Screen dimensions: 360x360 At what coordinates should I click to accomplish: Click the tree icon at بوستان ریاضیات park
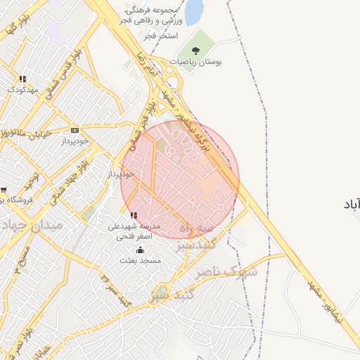(x=195, y=51)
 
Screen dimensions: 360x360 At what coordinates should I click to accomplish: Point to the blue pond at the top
(x=193, y=12)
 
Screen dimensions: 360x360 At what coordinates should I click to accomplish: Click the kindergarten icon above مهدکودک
(x=22, y=79)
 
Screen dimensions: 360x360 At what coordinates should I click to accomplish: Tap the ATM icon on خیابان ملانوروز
(x=75, y=130)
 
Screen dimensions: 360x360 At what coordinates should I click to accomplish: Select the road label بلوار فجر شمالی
(x=143, y=118)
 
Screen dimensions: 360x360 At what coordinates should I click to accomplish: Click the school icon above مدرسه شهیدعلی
(x=134, y=215)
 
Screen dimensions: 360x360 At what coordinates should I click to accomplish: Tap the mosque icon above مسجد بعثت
(x=140, y=250)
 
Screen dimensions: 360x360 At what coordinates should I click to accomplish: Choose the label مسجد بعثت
(x=140, y=261)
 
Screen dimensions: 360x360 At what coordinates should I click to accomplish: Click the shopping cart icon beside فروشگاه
(x=4, y=189)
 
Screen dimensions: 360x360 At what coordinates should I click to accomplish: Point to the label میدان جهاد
(x=32, y=225)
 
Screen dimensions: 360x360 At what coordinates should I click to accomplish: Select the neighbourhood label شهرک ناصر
(x=227, y=271)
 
